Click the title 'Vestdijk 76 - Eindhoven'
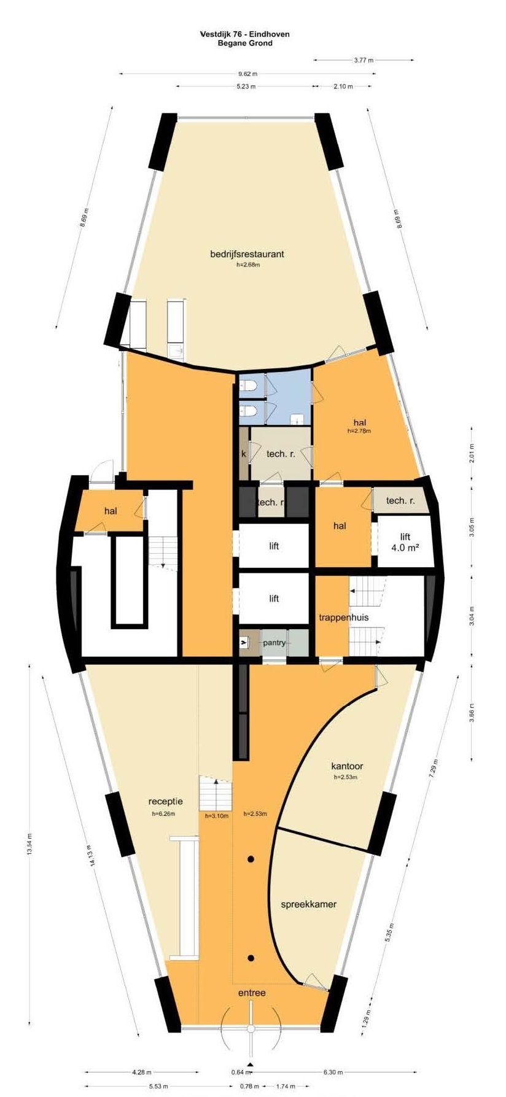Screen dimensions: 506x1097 click(x=245, y=34)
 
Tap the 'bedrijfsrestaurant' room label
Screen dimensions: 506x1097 click(x=247, y=254)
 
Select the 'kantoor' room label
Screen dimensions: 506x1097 click(x=347, y=766)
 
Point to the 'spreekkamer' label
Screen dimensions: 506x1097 click(x=309, y=904)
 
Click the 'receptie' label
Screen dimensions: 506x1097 click(x=166, y=801)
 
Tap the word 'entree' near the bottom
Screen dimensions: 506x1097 click(x=252, y=992)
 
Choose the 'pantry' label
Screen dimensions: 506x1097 click(x=274, y=643)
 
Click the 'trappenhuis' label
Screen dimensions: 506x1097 click(x=344, y=617)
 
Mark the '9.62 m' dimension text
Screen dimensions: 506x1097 click(x=247, y=74)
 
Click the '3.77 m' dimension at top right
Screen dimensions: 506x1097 click(x=364, y=60)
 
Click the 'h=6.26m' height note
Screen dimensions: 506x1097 click(x=163, y=814)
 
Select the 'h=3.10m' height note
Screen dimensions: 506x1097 click(x=216, y=816)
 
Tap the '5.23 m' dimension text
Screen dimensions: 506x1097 click(x=246, y=87)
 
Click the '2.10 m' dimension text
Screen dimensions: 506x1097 click(x=343, y=87)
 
